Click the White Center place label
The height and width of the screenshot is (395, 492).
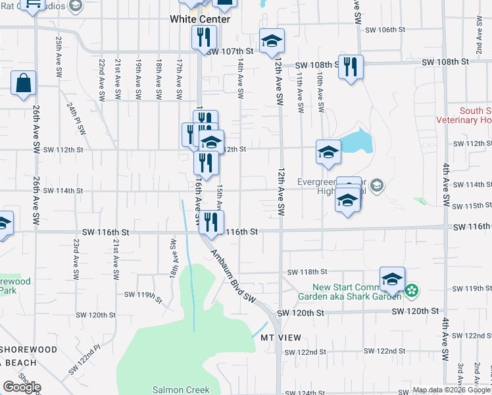(200, 19)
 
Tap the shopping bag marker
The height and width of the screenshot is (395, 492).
(23, 84)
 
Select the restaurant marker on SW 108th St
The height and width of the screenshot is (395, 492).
(351, 67)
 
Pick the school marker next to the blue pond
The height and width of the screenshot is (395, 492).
(328, 152)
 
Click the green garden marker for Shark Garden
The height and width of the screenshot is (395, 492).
(412, 290)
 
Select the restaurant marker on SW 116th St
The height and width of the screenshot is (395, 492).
(210, 222)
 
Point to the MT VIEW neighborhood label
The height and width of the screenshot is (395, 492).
(280, 338)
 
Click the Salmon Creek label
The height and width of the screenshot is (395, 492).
(176, 390)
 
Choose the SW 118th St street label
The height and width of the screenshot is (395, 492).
(307, 272)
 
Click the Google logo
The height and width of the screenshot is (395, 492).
(21, 387)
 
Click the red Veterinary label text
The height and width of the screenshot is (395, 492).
(464, 120)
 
